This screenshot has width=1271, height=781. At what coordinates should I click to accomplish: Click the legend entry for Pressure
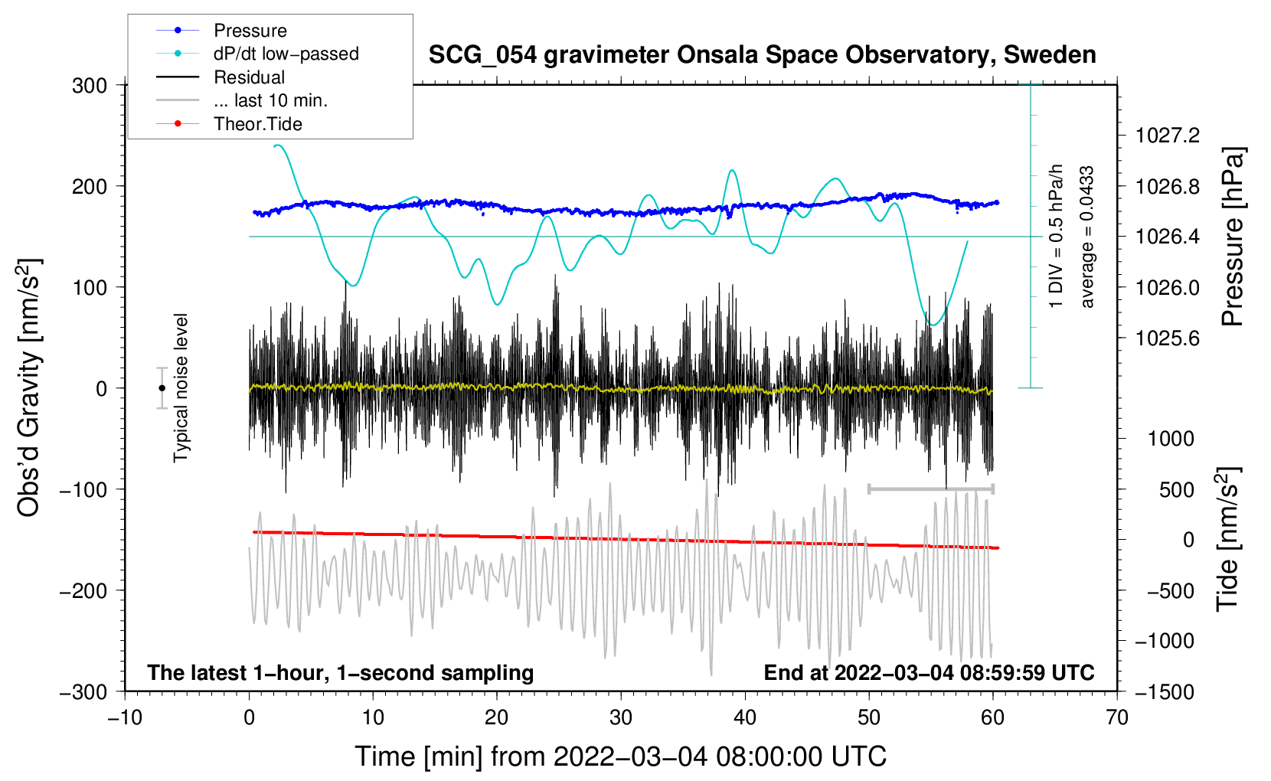pos(222,30)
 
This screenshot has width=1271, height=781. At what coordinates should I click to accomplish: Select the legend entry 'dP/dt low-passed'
pos(257,54)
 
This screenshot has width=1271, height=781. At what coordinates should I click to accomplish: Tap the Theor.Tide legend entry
pos(229,124)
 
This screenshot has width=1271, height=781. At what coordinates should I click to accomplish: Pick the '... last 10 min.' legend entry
pos(242,100)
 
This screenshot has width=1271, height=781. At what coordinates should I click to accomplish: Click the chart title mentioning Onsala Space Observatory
pos(762,54)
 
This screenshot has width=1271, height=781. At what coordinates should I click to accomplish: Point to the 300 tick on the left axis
pos(90,86)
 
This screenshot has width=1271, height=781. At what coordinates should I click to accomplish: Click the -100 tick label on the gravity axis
pos(83,489)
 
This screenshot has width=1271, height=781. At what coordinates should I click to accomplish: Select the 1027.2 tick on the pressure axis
pos(1168,136)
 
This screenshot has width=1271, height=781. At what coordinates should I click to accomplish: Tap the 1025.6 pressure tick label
pos(1168,338)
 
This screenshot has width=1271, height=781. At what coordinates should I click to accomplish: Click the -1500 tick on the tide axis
pos(1165,692)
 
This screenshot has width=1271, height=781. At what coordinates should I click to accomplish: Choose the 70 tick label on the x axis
pos(1116,718)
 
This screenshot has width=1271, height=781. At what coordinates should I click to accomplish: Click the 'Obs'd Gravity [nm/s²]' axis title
pos(29,387)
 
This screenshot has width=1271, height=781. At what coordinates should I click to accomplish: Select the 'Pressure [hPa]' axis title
pos(1233,237)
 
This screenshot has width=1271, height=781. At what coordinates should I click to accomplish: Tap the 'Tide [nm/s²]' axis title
pos(1228,540)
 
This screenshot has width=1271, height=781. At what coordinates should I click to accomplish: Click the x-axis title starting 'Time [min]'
pos(621,756)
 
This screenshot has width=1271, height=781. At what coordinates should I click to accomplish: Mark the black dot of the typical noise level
pos(162,388)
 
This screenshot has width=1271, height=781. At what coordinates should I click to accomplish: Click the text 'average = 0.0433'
pos(1087,237)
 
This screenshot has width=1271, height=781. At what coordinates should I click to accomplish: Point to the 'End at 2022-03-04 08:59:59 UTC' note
pos(929,672)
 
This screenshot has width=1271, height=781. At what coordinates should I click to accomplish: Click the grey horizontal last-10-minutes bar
pos(931,489)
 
